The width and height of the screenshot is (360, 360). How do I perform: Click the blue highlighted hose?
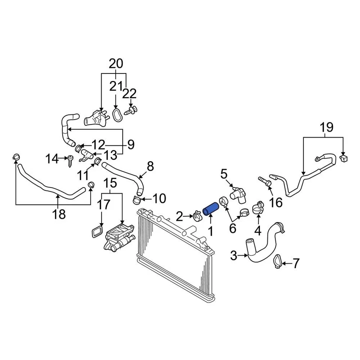210,208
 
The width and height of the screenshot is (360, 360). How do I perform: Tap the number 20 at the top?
116,63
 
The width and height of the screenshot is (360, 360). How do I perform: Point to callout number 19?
327,127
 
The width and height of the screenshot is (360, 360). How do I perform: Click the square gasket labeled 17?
97,231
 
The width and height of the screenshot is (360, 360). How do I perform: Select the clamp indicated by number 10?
138,200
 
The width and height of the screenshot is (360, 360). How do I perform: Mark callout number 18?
59,214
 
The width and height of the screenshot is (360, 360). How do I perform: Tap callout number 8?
150,166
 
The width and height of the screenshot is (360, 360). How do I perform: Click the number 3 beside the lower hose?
233,256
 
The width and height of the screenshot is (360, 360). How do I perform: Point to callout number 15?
111,183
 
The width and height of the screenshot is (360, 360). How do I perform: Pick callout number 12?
99,144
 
